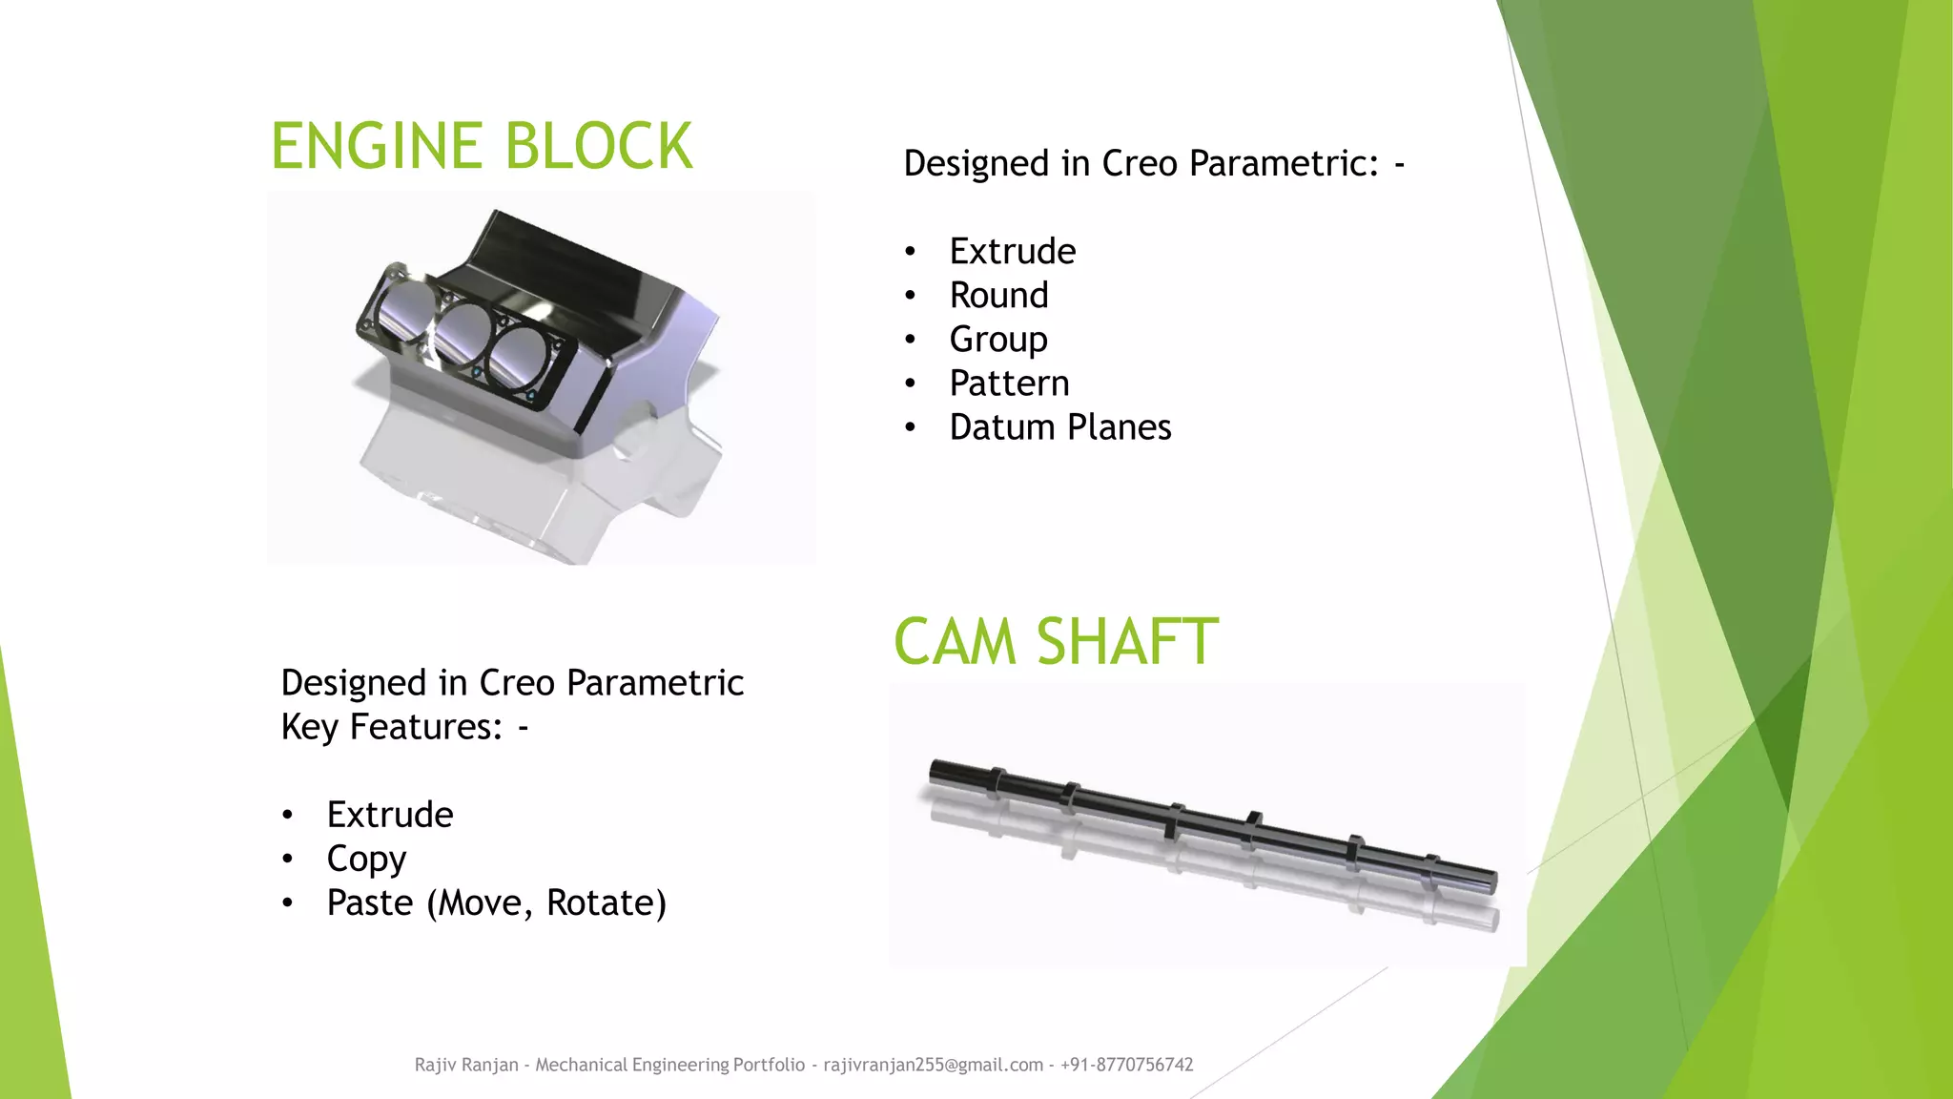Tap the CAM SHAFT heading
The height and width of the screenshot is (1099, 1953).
click(x=1056, y=641)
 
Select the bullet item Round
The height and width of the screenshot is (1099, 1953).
click(x=998, y=295)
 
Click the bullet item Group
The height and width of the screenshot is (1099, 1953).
click(x=998, y=340)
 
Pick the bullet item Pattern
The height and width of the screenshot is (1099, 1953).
click(x=1009, y=384)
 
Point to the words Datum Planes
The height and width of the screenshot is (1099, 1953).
click(x=1059, y=427)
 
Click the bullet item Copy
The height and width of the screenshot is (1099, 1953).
click(x=366, y=859)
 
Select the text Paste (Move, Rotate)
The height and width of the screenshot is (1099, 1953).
click(x=496, y=902)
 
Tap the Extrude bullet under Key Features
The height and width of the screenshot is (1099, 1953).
click(x=389, y=815)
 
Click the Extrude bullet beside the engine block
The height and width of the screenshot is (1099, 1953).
click(x=1012, y=251)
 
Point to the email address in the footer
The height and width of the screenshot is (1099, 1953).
click(x=933, y=1065)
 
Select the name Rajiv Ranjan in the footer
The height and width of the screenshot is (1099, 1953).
click(x=466, y=1065)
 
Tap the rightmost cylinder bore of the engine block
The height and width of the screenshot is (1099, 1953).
click(x=521, y=358)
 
